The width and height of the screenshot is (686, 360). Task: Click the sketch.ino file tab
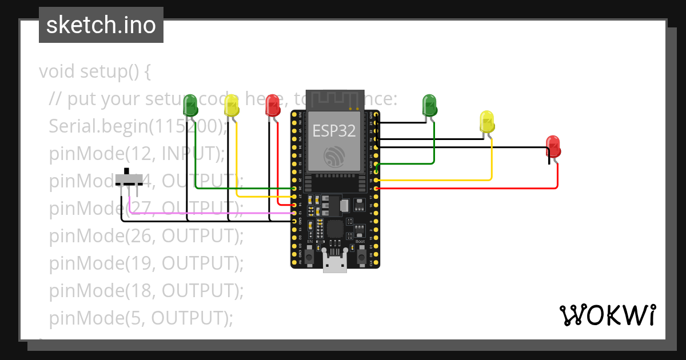click(x=101, y=25)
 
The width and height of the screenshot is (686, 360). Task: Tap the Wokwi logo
click(x=607, y=315)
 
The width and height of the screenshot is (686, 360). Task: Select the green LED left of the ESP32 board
click(x=190, y=106)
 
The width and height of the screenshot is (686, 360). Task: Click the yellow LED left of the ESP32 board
click(x=232, y=106)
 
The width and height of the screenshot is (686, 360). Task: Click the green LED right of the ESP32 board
click(x=429, y=105)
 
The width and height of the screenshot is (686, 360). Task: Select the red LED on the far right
click(x=553, y=146)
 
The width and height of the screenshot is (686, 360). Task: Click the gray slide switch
click(x=130, y=178)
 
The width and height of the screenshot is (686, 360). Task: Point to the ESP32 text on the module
click(x=334, y=131)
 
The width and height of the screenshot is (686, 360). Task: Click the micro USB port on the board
click(x=334, y=263)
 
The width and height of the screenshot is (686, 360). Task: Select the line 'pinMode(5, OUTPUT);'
click(x=141, y=318)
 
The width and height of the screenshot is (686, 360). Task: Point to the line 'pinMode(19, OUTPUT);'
click(x=146, y=263)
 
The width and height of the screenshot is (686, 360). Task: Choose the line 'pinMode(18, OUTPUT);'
click(x=146, y=290)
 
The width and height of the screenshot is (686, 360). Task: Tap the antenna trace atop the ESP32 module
click(x=335, y=99)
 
